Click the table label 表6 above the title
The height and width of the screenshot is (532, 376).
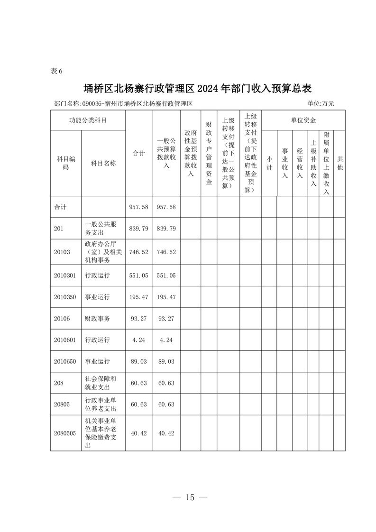pos(56,71)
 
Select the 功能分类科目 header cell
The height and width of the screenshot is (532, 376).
pos(88,120)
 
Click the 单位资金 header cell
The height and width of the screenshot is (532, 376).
pos(303,120)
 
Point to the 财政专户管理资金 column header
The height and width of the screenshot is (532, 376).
pos(209,153)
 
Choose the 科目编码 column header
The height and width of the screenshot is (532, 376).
pos(66,163)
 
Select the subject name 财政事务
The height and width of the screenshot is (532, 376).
pos(98,319)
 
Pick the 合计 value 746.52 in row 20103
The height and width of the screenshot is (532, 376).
pos(139,252)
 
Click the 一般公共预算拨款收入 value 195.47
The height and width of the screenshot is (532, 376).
pos(166,297)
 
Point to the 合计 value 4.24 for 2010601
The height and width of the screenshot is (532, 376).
pos(139,339)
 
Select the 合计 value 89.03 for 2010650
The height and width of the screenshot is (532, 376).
pos(139,361)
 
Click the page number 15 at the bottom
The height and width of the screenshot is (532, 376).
pos(190,497)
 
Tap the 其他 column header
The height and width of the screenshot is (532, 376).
pos(339,163)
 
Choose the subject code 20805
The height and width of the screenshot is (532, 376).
pos(62,404)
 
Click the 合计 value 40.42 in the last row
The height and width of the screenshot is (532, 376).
pos(139,433)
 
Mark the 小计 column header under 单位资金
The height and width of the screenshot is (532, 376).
pos(269,163)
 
